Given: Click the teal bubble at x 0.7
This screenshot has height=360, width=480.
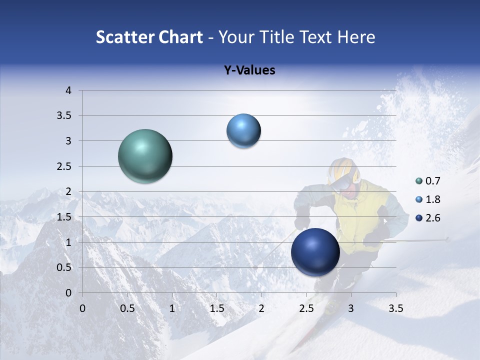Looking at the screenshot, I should point(145,156).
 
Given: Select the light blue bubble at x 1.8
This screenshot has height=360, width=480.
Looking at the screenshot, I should point(243,131).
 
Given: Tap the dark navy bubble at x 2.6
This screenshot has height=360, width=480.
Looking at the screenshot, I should point(315,252).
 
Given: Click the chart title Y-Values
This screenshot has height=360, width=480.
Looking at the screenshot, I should point(249,70).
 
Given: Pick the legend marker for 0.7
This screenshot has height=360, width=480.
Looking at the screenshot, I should point(419,181).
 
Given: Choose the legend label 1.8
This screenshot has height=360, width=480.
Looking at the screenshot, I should point(433,199).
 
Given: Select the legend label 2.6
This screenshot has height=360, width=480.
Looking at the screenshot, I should point(433,218).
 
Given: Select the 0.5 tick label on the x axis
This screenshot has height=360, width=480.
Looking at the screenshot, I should point(127,308).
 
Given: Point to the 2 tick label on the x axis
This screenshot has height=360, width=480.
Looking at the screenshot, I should point(261,308).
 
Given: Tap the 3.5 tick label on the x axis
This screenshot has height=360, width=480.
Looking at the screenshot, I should point(395,308).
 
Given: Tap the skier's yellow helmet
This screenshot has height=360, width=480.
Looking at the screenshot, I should point(341,167).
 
